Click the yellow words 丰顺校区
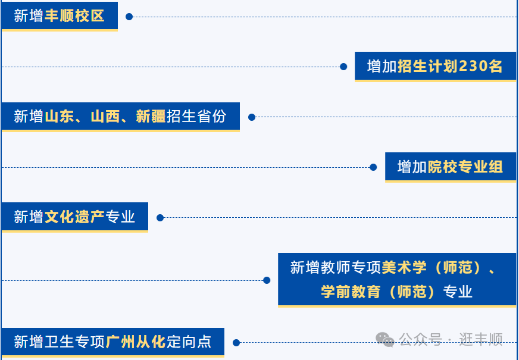point(74,16)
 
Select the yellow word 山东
point(60,117)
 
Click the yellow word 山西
point(105,117)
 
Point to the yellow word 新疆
point(151,117)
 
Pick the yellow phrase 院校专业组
point(465,167)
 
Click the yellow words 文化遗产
point(74,217)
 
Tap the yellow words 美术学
point(404,267)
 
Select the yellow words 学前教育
point(351,292)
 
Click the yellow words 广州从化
point(136,342)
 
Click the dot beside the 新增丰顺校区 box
point(129,17)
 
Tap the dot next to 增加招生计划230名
point(343,67)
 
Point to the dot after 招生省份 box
point(252,117)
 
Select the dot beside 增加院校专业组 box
point(373,167)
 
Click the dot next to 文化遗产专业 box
point(160,218)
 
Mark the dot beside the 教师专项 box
point(267,280)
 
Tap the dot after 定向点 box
point(236,343)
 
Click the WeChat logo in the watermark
point(384,340)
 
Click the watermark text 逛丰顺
point(480,340)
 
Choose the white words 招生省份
point(196,117)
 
